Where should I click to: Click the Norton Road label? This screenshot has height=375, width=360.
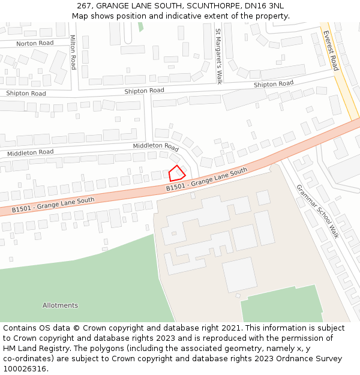(35, 43)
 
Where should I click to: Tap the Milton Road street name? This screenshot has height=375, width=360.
(73, 52)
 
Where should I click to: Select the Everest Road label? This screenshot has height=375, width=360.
(331, 50)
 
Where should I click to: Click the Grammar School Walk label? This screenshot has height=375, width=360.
(317, 211)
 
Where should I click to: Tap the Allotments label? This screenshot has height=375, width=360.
(60, 305)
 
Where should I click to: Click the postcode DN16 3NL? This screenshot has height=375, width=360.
(265, 6)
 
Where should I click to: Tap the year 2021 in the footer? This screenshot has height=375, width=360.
(232, 328)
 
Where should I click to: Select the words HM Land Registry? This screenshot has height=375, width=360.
(34, 349)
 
